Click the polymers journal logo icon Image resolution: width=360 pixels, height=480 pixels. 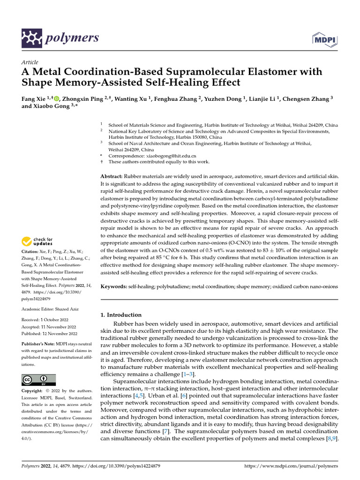(x=32, y=37)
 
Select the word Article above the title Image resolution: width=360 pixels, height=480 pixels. (x=30, y=62)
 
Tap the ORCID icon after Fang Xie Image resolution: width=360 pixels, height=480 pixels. (x=57, y=98)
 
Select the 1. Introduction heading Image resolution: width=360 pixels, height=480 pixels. (x=121, y=315)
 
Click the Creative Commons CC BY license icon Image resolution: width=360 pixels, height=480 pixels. (x=38, y=380)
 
